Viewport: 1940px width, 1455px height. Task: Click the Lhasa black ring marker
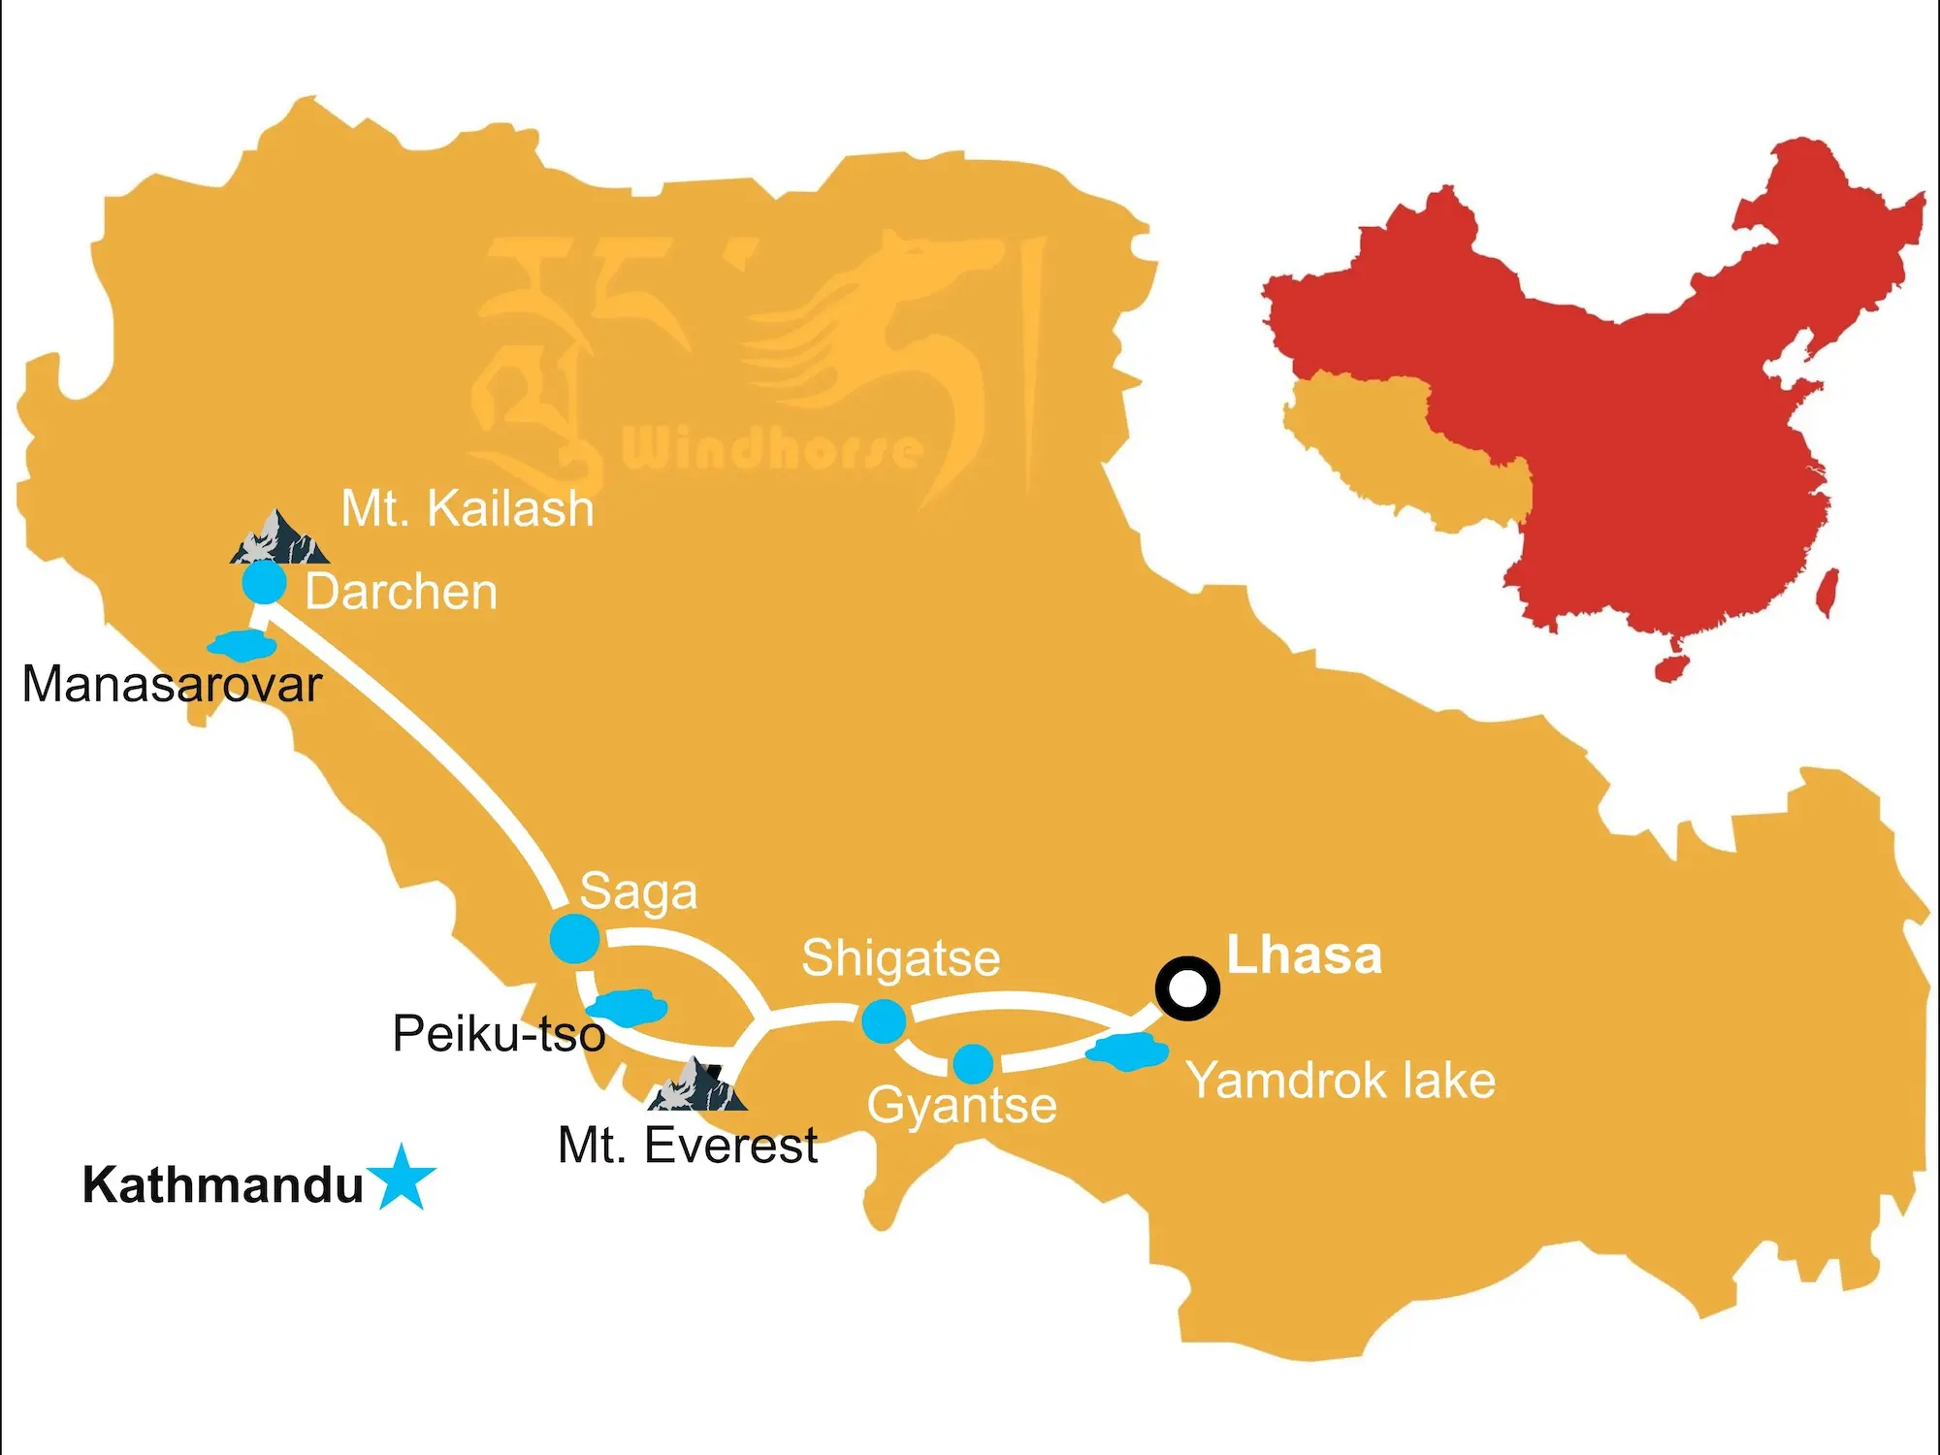coord(1187,988)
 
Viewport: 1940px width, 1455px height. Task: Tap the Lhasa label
coord(1304,955)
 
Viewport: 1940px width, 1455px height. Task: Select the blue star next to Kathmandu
coord(402,1179)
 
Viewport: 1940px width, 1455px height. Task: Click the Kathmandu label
coord(222,1185)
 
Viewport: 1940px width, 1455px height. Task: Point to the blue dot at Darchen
coord(264,583)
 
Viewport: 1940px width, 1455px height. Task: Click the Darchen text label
coord(401,592)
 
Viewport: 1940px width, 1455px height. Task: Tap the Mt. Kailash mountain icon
coord(278,539)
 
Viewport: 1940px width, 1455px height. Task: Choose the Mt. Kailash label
coord(467,508)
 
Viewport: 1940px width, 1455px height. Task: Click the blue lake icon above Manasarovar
coord(242,644)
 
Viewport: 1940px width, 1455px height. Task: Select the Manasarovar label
coord(172,685)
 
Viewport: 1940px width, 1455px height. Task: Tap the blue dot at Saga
coord(574,938)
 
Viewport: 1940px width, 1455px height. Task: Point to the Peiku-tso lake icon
coord(630,1007)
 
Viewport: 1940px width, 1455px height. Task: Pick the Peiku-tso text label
coord(499,1034)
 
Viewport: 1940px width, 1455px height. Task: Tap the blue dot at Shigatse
coord(884,1020)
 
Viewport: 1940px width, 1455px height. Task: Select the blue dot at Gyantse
coord(973,1063)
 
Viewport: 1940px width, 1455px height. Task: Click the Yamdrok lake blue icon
coord(1126,1051)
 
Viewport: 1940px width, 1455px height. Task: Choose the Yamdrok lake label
coord(1341,1081)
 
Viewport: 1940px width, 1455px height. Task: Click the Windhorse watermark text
coord(771,449)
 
